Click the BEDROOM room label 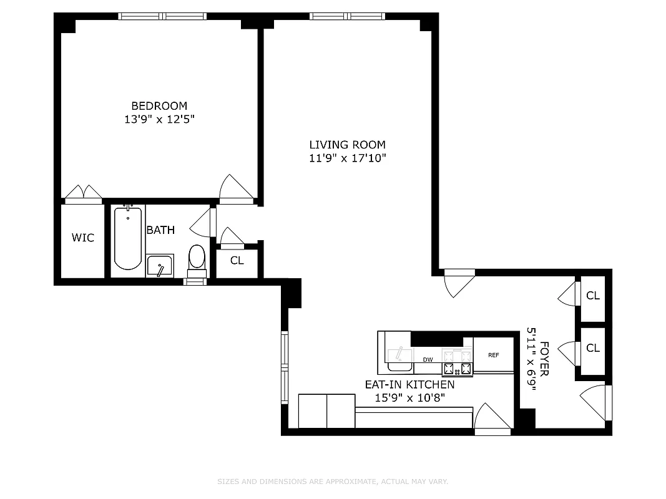(x=159, y=106)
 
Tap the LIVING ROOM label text (x=347, y=145)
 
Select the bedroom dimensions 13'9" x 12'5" (x=159, y=119)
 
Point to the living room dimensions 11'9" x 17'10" (x=348, y=158)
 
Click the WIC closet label (x=82, y=238)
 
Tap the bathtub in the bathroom (x=128, y=239)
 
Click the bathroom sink (x=160, y=265)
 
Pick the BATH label (x=160, y=230)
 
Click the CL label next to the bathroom (x=237, y=261)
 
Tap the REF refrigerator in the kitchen (x=493, y=355)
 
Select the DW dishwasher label (x=428, y=359)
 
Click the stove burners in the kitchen (x=457, y=362)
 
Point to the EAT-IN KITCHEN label (x=409, y=385)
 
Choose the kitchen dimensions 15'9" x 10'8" (x=409, y=398)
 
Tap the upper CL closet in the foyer (x=592, y=296)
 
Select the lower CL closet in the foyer (x=592, y=348)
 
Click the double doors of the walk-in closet (x=84, y=193)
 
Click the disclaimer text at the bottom (x=333, y=482)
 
